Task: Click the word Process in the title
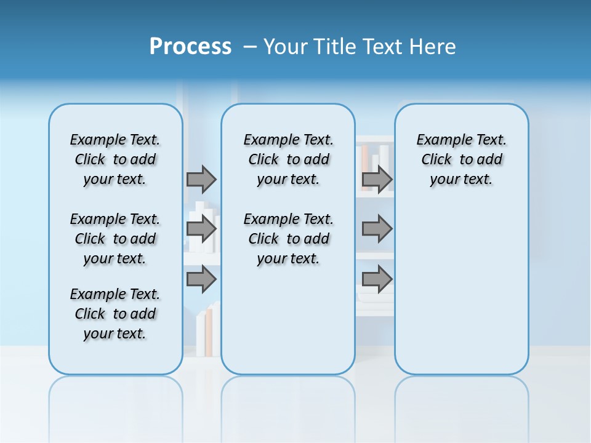[x=190, y=47]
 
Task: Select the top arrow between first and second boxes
[x=201, y=179]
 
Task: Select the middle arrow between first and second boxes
[x=201, y=229]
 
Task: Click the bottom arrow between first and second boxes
[x=201, y=279]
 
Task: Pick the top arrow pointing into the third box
[x=377, y=179]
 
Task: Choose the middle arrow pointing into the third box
[x=377, y=229]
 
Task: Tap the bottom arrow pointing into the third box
[x=377, y=279]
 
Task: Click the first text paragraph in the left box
[x=115, y=159]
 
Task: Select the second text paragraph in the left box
[x=115, y=239]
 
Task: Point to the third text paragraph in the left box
[x=115, y=314]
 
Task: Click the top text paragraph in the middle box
[x=288, y=159]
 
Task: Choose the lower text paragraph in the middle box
[x=288, y=239]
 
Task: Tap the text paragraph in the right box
[x=461, y=159]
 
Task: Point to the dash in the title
[x=250, y=47]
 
